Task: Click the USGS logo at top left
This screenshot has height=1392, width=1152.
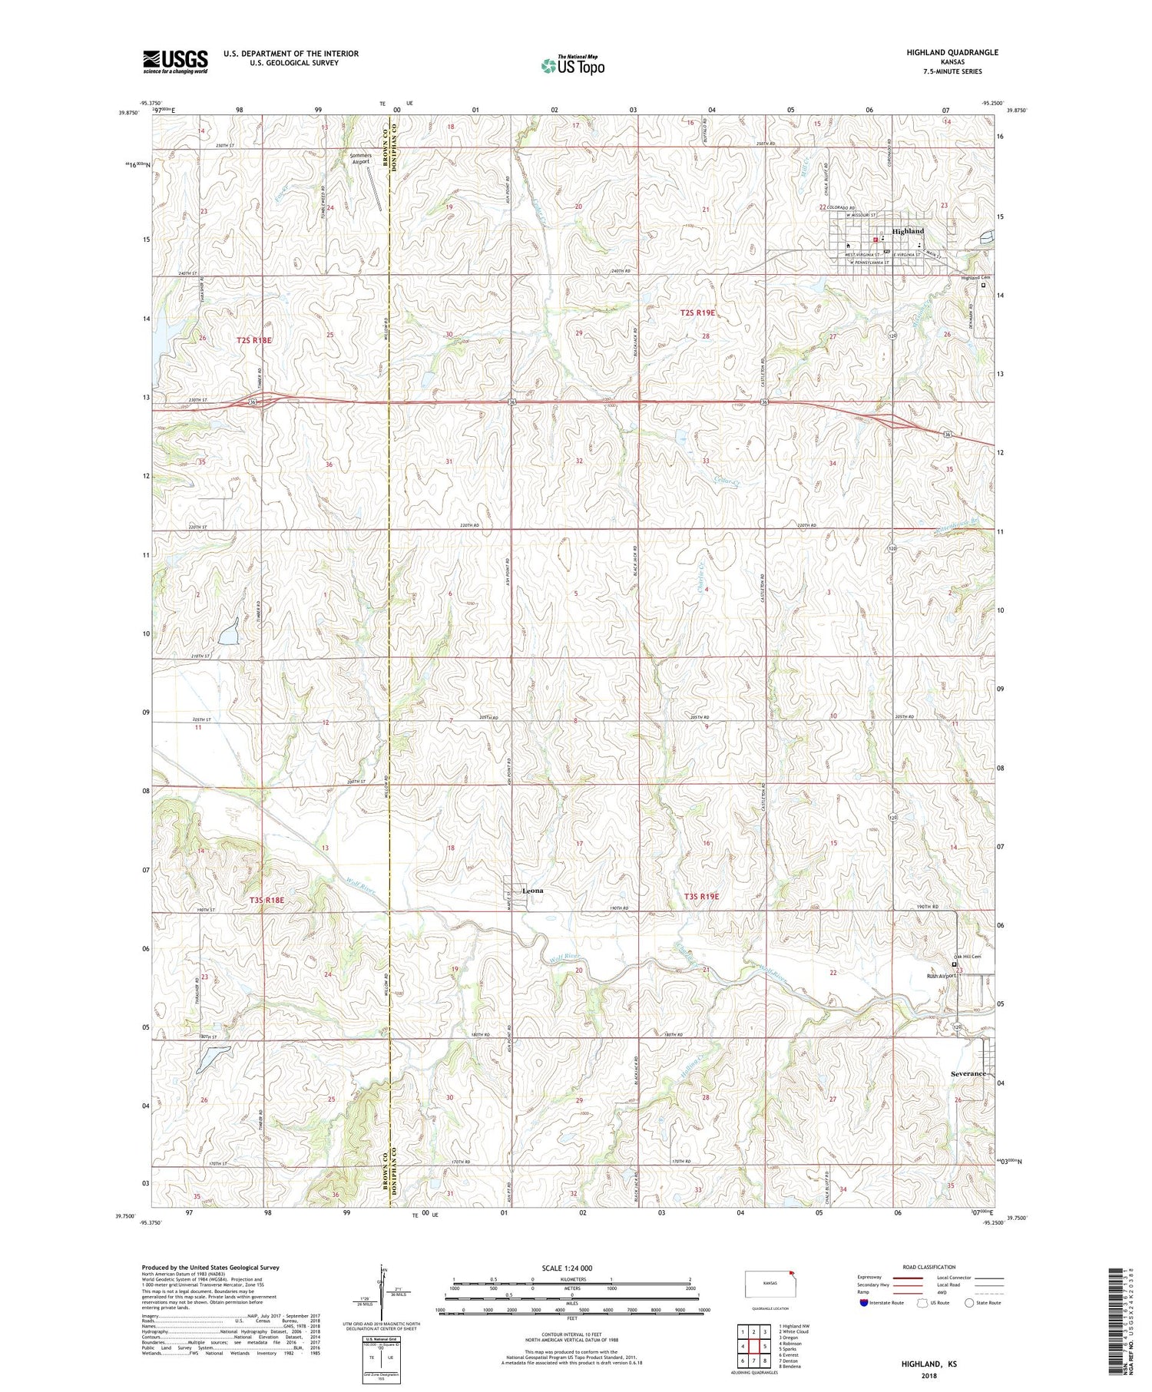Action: tap(175, 61)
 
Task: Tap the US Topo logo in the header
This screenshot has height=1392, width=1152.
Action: tap(572, 65)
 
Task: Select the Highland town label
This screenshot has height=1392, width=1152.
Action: tap(908, 231)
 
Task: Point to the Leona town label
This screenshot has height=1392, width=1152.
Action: tap(532, 891)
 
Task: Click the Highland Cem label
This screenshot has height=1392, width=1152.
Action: tap(975, 278)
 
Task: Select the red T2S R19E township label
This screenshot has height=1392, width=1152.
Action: tap(697, 312)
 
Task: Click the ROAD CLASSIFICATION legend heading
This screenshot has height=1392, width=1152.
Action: tap(929, 1267)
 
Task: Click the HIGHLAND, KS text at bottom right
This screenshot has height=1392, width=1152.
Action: tap(929, 1364)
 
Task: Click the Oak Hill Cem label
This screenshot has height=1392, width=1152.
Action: tap(967, 957)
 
